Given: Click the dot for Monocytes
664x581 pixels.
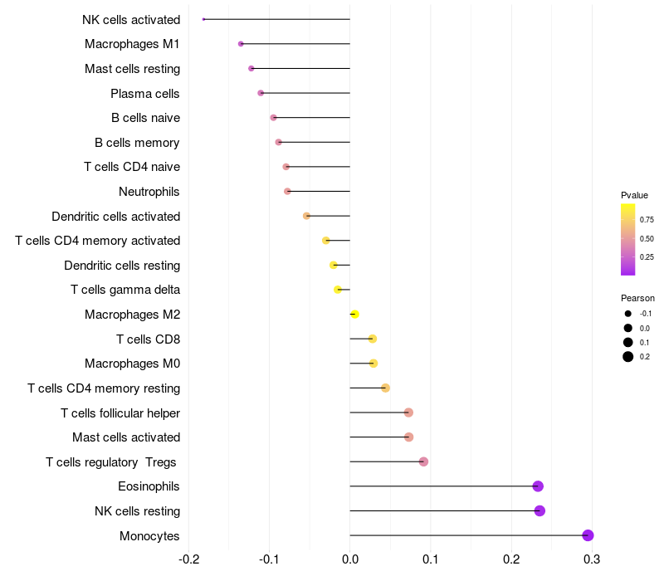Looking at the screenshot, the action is [x=588, y=535].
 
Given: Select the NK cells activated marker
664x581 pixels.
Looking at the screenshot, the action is [x=203, y=19].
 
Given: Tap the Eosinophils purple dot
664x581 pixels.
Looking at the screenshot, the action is [x=538, y=486].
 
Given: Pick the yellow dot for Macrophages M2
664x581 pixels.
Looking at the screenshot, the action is [x=355, y=315].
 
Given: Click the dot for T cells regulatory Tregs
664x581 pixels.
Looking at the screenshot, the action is [x=423, y=461].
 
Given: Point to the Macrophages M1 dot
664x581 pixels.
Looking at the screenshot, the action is [x=241, y=44].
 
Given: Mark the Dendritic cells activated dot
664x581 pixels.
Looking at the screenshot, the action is [x=306, y=216].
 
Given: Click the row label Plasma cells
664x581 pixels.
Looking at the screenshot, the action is [x=144, y=94].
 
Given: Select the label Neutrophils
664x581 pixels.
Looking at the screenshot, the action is [x=149, y=192].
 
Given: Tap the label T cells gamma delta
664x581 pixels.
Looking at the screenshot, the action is [x=125, y=290].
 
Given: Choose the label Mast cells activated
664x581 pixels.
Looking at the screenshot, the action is [x=126, y=437].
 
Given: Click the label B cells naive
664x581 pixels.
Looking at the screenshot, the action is [x=146, y=118].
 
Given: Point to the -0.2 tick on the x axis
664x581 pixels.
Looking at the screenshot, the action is [x=189, y=559].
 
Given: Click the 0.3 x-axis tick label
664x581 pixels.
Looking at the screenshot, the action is [x=592, y=559].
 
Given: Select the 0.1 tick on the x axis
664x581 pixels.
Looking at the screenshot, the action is [x=431, y=559].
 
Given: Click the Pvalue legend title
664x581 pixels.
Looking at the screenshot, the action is [x=634, y=195].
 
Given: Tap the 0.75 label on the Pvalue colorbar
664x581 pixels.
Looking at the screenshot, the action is [x=647, y=220].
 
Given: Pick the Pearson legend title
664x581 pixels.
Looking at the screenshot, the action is [x=637, y=298].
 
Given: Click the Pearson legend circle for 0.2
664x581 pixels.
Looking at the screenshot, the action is [x=628, y=357].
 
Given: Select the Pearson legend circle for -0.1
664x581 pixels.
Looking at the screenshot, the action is [x=628, y=314].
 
